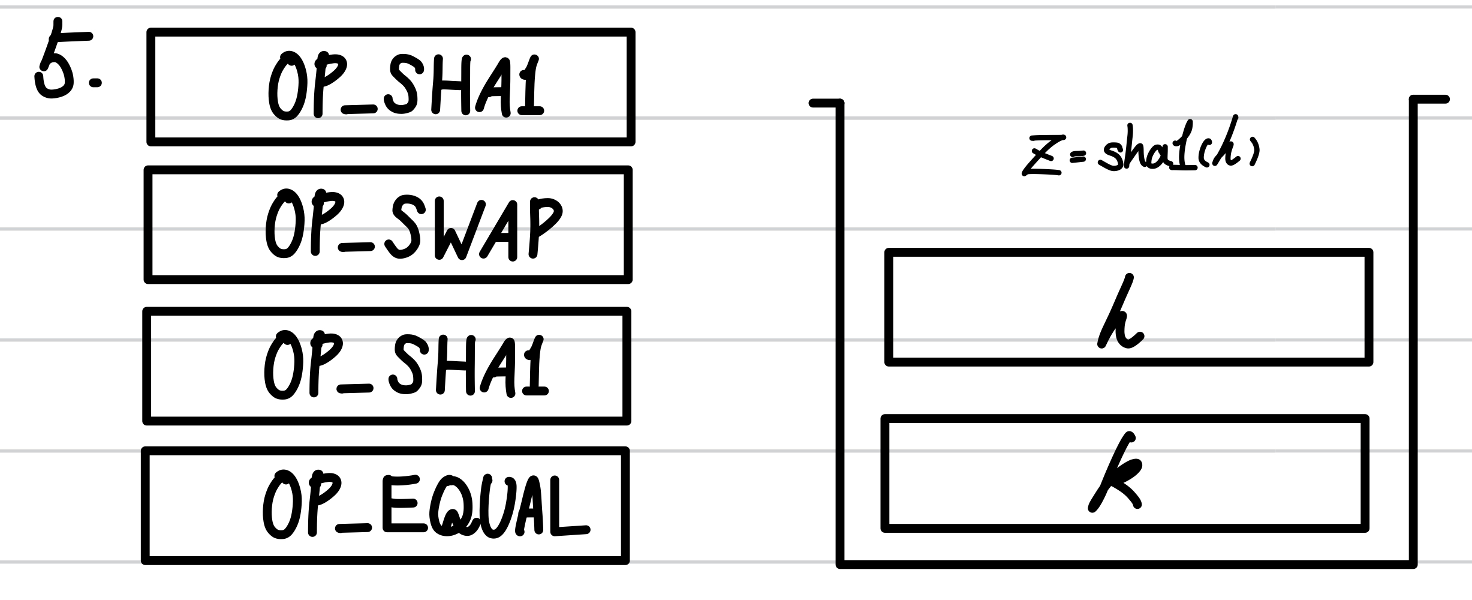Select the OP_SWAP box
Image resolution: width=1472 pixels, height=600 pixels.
point(388,224)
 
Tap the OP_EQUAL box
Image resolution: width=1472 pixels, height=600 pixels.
point(386,506)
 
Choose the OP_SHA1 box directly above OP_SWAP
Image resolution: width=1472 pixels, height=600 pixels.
point(391,87)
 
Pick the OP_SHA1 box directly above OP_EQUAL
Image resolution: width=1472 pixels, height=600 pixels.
point(387,366)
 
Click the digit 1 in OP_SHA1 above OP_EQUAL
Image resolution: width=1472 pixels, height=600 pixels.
point(535,367)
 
